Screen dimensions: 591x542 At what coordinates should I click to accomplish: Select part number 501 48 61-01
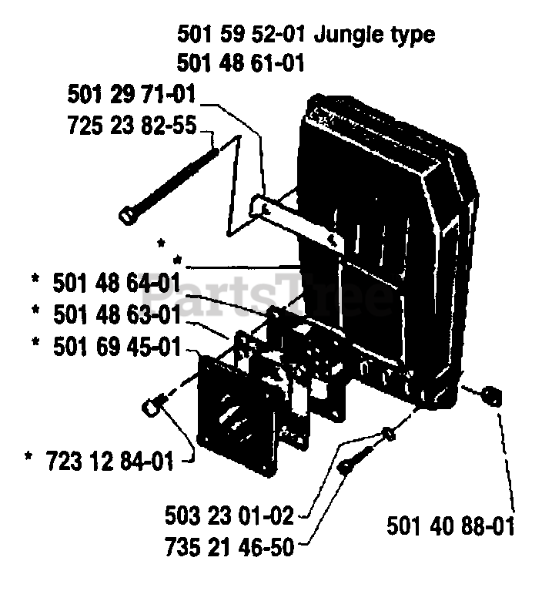click(239, 62)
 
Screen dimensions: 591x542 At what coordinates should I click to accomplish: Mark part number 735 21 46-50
click(229, 547)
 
